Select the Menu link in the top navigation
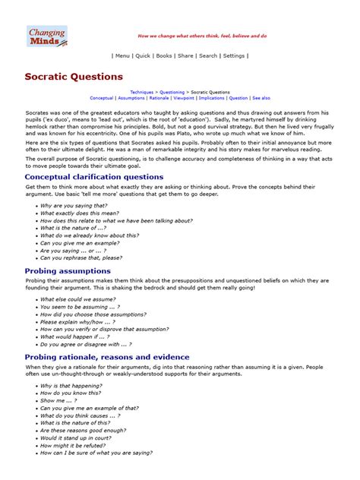pyautogui.click(x=122, y=55)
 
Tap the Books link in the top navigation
pyautogui.click(x=164, y=55)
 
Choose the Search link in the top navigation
pyautogui.click(x=208, y=55)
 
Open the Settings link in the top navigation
pyautogui.click(x=234, y=55)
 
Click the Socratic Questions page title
pyautogui.click(x=74, y=77)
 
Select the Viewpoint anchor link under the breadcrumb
pyautogui.click(x=184, y=98)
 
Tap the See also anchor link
pyautogui.click(x=261, y=98)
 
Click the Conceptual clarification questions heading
pyautogui.click(x=94, y=177)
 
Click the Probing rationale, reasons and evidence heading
pyautogui.click(x=107, y=357)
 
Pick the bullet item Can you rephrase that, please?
pyautogui.click(x=81, y=257)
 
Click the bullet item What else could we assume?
pyautogui.click(x=74, y=299)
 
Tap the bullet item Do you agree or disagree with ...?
pyautogui.click(x=86, y=344)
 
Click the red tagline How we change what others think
pyautogui.click(x=201, y=36)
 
